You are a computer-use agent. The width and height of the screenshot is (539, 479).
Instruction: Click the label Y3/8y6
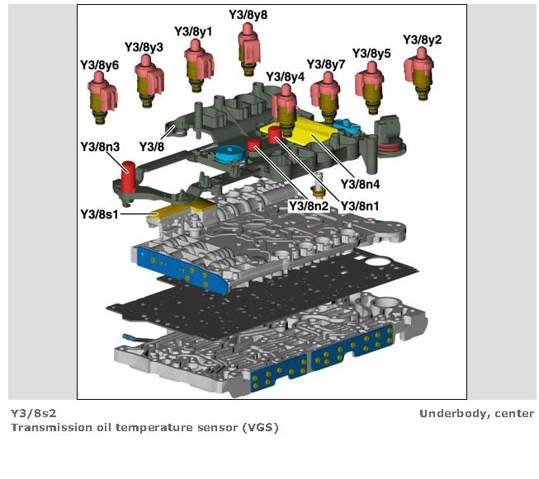point(99,64)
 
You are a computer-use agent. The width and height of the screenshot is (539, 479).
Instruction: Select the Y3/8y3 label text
point(144,47)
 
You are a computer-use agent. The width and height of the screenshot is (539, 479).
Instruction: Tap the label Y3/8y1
point(193,31)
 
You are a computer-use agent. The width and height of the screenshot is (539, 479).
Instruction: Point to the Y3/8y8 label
point(248,15)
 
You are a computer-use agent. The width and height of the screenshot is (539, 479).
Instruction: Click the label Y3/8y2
point(422,40)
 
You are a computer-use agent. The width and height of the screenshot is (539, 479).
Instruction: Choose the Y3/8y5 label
point(371,54)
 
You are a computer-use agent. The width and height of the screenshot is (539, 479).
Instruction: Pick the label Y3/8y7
point(326,64)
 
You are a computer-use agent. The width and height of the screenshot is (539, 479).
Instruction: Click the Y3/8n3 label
point(100,148)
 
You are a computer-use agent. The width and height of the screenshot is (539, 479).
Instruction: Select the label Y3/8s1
point(100,214)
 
